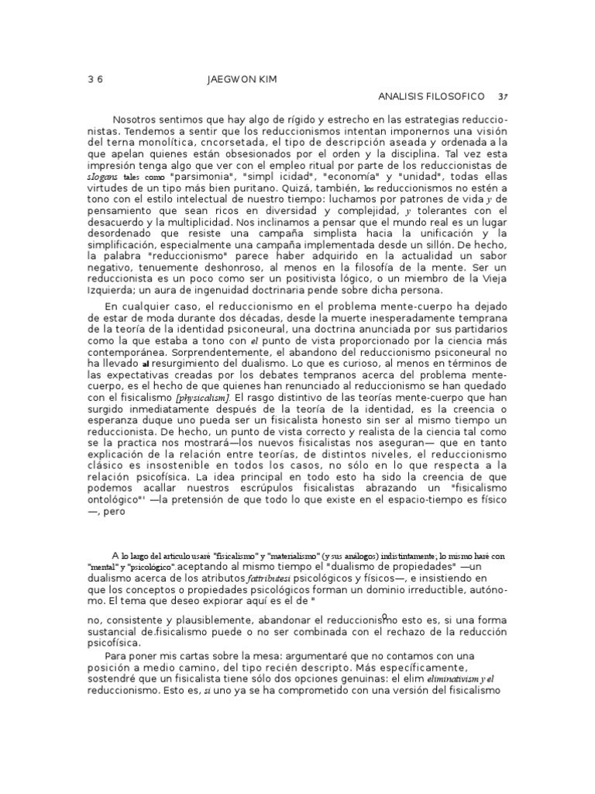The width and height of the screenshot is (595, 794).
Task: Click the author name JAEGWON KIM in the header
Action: pos(243,80)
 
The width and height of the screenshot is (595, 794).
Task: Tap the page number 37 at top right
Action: pos(503,97)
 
